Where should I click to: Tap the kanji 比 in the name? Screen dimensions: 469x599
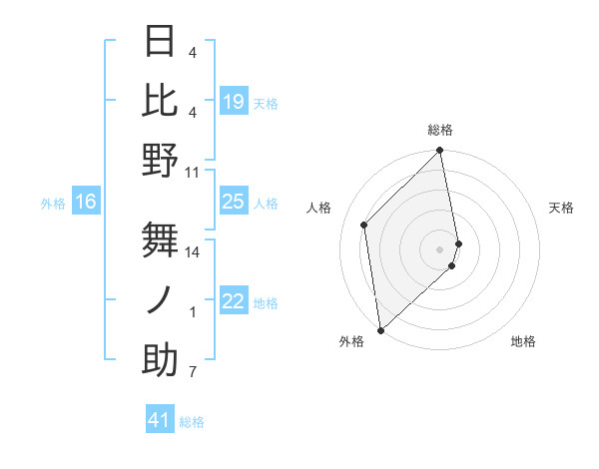point(160,101)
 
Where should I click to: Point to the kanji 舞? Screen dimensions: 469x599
point(160,240)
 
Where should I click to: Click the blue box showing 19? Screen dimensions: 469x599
point(233,102)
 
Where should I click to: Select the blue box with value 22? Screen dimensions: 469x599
point(233,302)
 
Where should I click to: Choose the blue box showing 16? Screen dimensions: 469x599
point(86,203)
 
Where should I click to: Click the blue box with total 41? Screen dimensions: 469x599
point(160,421)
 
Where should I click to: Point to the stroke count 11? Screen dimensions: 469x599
point(193,172)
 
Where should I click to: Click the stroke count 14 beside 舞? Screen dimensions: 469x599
point(193,251)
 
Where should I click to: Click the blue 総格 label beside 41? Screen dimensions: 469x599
point(192,422)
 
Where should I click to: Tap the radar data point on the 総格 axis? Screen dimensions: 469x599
point(439,152)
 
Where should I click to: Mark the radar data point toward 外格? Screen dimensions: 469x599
point(380,329)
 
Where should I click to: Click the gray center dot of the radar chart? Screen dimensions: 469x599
point(439,248)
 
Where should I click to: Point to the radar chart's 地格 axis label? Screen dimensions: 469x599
point(523,341)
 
